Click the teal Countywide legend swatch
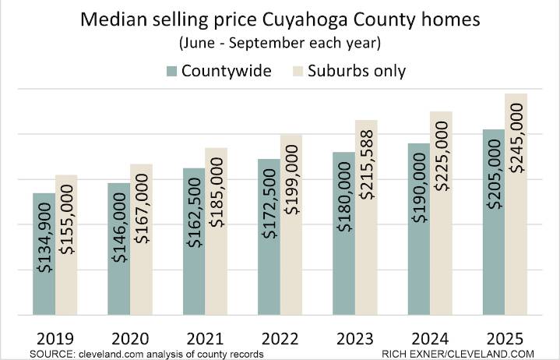click(171, 72)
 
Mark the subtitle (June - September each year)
click(280, 44)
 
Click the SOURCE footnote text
click(146, 354)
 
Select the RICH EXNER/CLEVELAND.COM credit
click(457, 354)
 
